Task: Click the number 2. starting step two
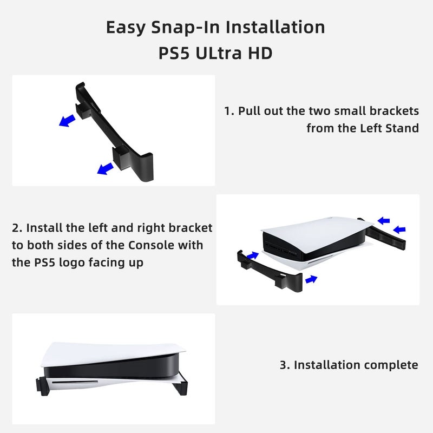[x=17, y=228]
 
